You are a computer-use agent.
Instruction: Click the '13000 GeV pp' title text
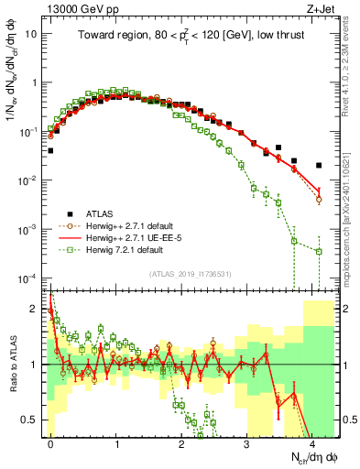82,8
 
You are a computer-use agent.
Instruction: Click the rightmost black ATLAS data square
319,166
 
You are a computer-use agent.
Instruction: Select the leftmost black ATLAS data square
50,150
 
